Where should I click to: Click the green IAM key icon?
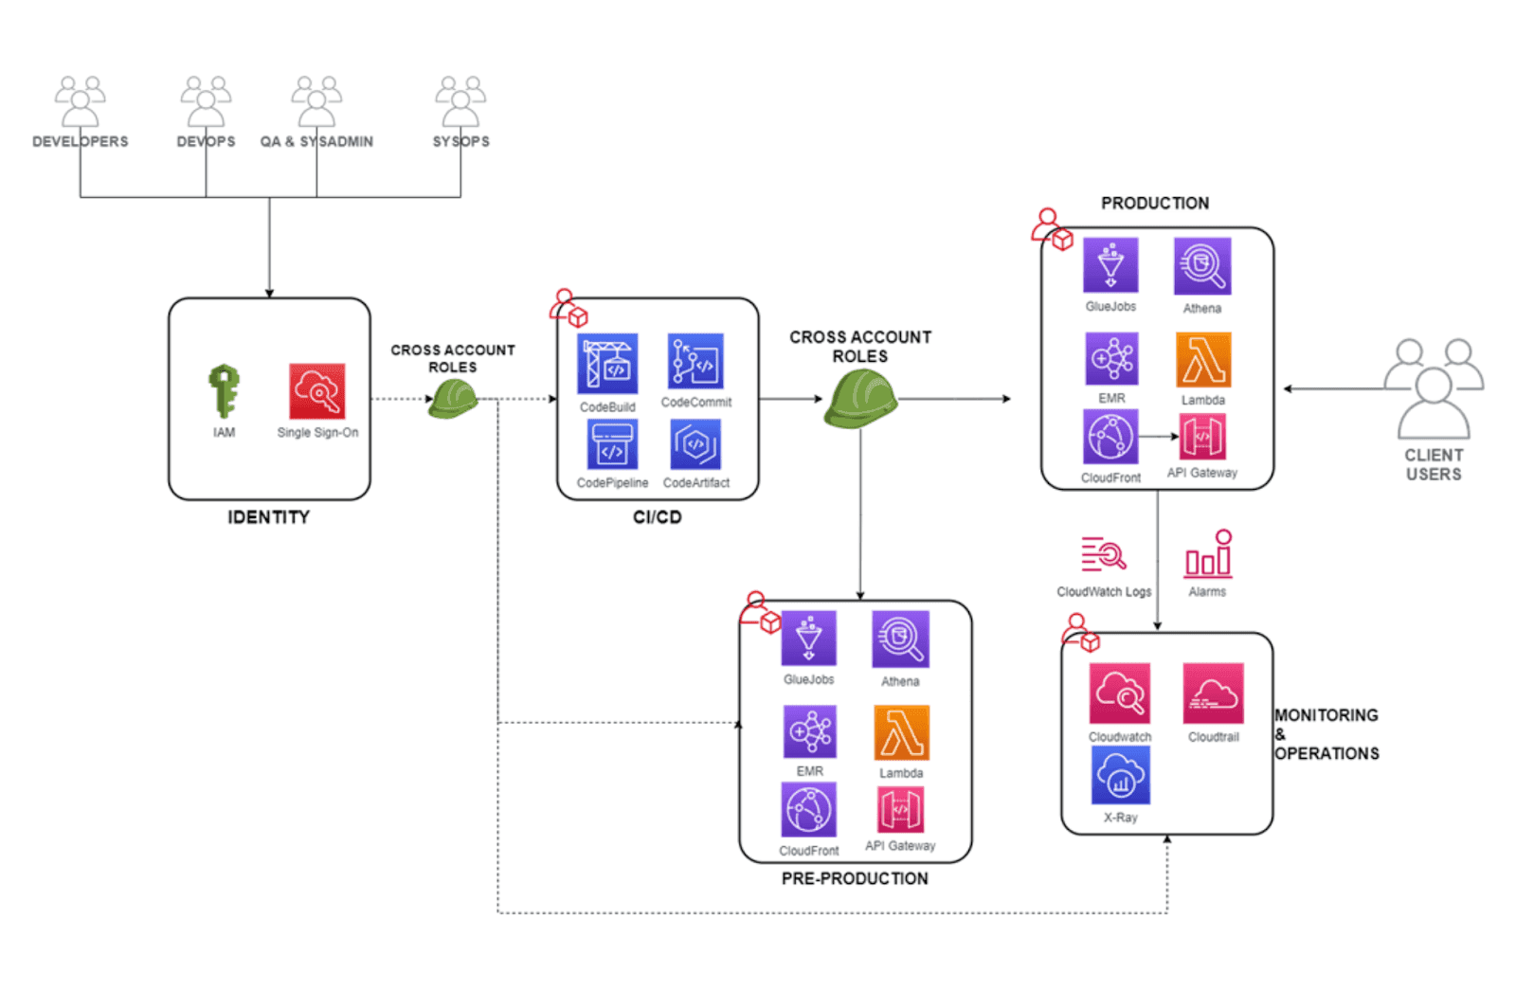[224, 390]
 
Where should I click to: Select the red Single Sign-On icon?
[317, 390]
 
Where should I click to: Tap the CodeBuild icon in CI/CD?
[607, 364]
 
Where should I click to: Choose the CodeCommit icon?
[695, 361]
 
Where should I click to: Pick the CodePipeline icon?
[612, 444]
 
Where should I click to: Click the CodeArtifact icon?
[695, 444]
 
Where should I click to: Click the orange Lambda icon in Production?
[1203, 360]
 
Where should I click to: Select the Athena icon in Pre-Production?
[900, 639]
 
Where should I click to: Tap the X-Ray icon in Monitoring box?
[1120, 775]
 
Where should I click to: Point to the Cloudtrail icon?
[1213, 693]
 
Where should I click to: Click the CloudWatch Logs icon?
[1104, 554]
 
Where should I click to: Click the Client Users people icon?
[1434, 388]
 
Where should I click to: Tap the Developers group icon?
[81, 101]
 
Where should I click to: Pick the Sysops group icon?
[460, 101]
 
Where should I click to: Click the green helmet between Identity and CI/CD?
[453, 399]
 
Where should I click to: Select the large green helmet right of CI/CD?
[860, 399]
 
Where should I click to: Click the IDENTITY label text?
[268, 517]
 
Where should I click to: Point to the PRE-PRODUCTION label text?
[855, 879]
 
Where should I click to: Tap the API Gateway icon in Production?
[1202, 437]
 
